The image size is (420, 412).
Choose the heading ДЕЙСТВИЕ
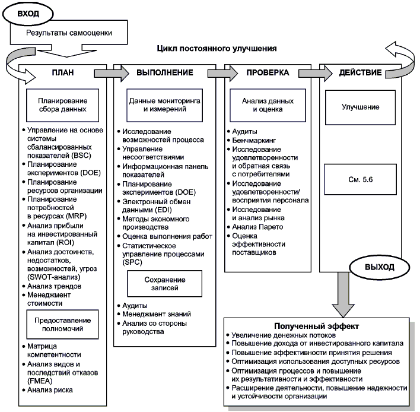pyautogui.click(x=360, y=73)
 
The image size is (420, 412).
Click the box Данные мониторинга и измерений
pyautogui.click(x=164, y=105)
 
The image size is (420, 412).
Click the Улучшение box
pyautogui.click(x=360, y=107)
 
